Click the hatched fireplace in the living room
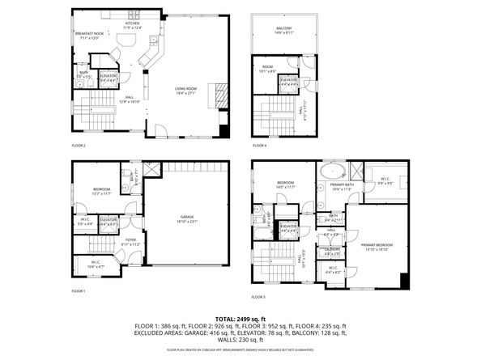pyautogui.click(x=216, y=94)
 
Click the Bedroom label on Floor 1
pyautogui.click(x=102, y=192)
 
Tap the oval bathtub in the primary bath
pyautogui.click(x=330, y=172)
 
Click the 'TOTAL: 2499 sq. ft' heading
pyautogui.click(x=240, y=320)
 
